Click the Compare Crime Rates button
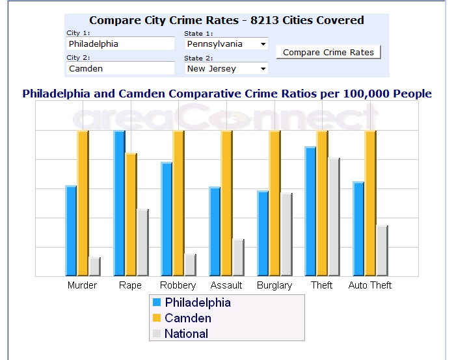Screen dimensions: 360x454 coord(328,53)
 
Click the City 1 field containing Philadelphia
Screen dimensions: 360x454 coord(121,44)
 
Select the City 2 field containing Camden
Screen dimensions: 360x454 coord(121,68)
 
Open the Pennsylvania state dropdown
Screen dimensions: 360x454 coord(226,44)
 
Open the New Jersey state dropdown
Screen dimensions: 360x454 coord(226,68)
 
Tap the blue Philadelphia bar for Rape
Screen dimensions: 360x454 coord(119,203)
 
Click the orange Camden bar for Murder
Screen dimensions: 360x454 coord(83,203)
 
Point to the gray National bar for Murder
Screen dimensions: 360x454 coord(94,266)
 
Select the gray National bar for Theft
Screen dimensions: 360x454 coord(334,217)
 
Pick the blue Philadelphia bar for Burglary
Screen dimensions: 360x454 coord(263,233)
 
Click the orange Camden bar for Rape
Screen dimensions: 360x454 coord(131,214)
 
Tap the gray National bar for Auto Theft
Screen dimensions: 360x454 coord(382,251)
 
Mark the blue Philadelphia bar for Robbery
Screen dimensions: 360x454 coord(167,219)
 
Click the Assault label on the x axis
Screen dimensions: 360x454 coord(226,285)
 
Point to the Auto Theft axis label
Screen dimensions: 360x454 coord(370,285)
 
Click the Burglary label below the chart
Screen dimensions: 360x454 coord(274,285)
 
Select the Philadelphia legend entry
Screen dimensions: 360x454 coord(197,303)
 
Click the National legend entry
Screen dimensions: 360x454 coord(186,334)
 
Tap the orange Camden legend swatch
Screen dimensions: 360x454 coord(156,318)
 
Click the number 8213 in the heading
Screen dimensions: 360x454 coord(265,21)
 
